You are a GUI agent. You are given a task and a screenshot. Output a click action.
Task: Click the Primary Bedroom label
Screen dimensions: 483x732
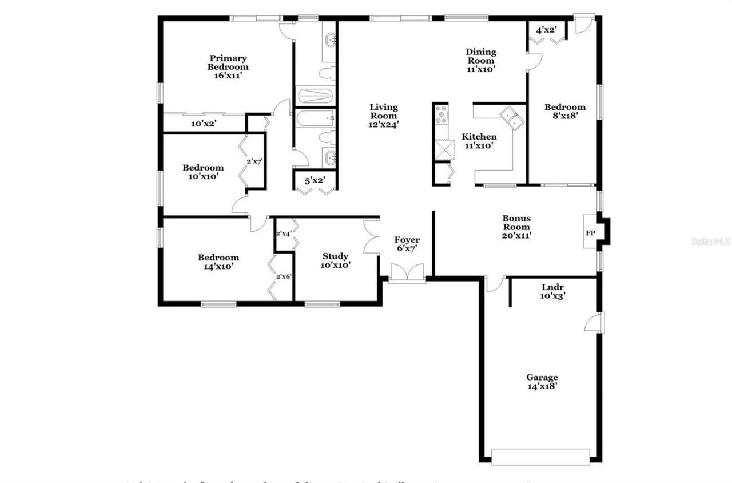pos(228,66)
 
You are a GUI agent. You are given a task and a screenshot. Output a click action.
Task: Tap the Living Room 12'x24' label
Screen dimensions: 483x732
pos(383,115)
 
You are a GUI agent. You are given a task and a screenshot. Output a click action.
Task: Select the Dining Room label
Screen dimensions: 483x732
pos(480,60)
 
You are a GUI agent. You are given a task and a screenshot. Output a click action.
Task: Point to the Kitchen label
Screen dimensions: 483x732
pos(479,141)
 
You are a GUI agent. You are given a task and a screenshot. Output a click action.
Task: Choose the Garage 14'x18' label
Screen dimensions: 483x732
pos(542,382)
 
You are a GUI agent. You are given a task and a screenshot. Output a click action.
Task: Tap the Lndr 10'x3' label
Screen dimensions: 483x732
pos(553,291)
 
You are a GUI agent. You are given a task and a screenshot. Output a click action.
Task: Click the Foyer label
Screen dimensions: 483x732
pos(407,244)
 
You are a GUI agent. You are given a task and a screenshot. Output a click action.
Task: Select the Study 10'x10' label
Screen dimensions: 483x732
pos(335,260)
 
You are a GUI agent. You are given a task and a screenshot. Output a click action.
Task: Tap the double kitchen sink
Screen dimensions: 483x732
pos(512,117)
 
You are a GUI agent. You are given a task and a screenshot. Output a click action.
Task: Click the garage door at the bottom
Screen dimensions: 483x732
pos(540,457)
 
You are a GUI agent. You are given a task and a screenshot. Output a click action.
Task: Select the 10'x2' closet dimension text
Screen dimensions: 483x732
pos(204,123)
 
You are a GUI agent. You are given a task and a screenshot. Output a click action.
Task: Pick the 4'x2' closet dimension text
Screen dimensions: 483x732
pos(546,29)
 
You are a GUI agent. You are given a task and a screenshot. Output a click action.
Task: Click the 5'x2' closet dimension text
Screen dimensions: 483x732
pos(315,181)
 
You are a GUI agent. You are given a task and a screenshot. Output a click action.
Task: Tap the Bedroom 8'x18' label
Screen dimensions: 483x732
pos(564,111)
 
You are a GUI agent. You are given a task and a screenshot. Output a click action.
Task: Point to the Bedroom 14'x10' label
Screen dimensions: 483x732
pos(218,262)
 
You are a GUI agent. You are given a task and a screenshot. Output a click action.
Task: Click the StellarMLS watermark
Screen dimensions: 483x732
pos(711,241)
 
